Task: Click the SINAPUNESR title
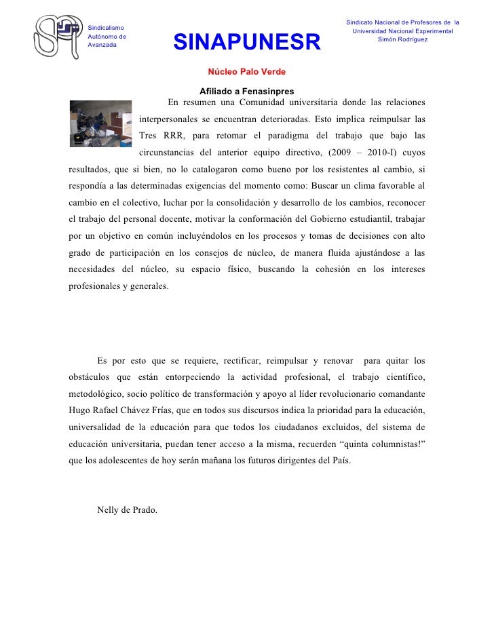coord(246,43)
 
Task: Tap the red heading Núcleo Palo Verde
coord(246,72)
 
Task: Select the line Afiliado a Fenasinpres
coord(247,92)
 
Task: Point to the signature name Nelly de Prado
coord(128,509)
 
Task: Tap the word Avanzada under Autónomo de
coord(102,45)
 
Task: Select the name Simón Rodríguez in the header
coord(403,39)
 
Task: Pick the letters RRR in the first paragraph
coord(173,134)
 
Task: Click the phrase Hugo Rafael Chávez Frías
coord(125,410)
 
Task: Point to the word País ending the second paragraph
coord(339,461)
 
